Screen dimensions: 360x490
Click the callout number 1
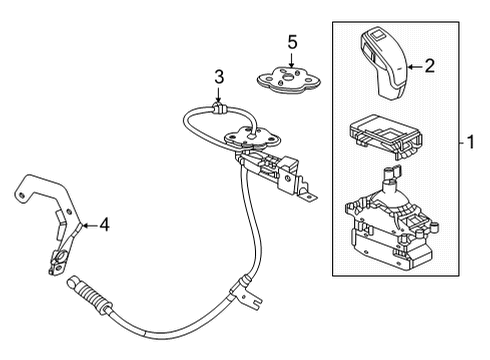(466, 143)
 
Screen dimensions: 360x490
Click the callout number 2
(430, 67)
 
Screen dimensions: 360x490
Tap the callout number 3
(218, 77)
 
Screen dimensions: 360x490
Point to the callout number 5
(292, 42)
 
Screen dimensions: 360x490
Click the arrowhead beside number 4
(85, 226)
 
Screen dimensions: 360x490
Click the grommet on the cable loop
(218, 106)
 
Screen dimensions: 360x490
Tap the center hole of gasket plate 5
(292, 76)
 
